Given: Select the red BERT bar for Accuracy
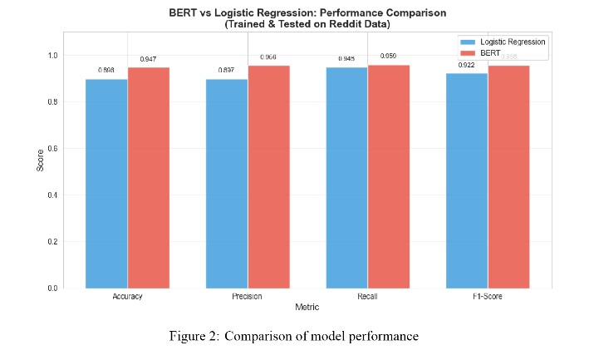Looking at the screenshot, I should (148, 178).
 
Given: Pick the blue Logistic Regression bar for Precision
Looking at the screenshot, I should (227, 184).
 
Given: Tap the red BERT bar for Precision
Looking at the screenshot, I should (268, 176).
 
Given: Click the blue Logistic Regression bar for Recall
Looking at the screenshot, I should (347, 178).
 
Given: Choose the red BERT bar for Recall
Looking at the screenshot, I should (389, 176).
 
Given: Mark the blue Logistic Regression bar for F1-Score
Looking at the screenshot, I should (467, 180).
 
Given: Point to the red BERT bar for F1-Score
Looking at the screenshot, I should (508, 176).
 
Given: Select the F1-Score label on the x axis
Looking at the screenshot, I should (487, 297).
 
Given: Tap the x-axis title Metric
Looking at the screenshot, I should (307, 308).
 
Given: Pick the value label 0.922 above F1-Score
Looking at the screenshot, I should (467, 65).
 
